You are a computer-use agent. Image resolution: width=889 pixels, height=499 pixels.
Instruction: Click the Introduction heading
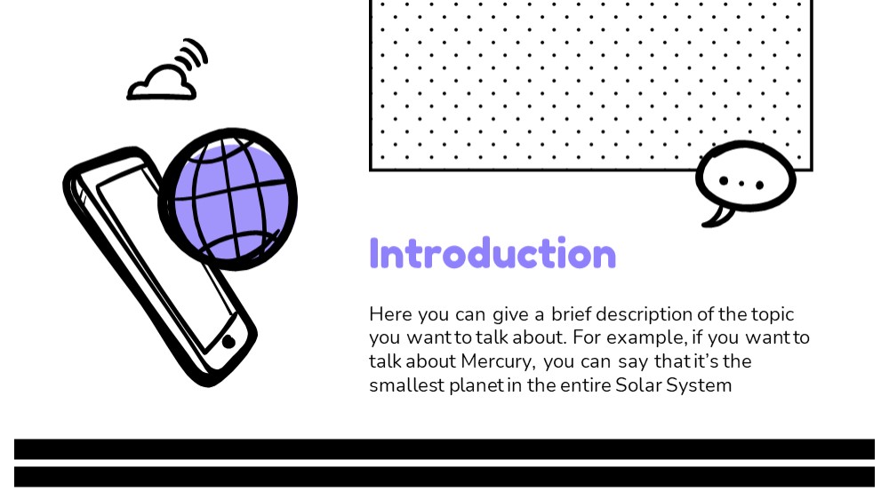tap(493, 253)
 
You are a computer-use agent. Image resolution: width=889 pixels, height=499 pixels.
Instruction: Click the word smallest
tap(406, 385)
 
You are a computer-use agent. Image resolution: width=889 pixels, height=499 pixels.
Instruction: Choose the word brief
tap(571, 313)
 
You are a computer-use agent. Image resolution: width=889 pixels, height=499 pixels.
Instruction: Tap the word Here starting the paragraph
tap(390, 313)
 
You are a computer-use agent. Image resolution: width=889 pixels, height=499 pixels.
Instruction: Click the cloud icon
tap(162, 83)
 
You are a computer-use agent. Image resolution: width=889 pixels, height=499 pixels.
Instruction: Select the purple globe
tap(228, 199)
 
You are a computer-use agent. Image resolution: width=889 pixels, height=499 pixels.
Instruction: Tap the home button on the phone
tap(228, 342)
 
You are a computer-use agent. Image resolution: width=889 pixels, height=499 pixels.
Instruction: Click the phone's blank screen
tap(164, 254)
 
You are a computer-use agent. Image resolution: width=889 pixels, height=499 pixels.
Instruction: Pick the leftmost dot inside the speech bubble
tap(724, 180)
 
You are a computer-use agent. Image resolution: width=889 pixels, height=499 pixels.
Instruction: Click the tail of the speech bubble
tap(717, 218)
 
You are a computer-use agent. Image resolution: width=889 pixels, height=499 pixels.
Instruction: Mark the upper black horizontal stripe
tap(444, 449)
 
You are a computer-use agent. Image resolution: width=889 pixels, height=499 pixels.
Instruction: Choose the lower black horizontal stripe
tap(444, 477)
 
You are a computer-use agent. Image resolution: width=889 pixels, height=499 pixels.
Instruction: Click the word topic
tap(773, 314)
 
